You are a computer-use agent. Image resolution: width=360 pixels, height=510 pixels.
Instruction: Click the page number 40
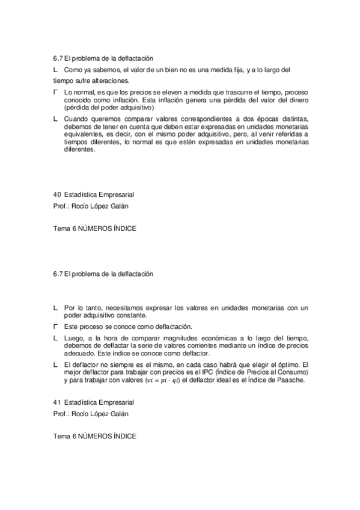56,195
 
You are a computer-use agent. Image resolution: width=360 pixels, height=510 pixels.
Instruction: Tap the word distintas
292,118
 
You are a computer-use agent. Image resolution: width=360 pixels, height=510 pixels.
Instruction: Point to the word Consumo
291,372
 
